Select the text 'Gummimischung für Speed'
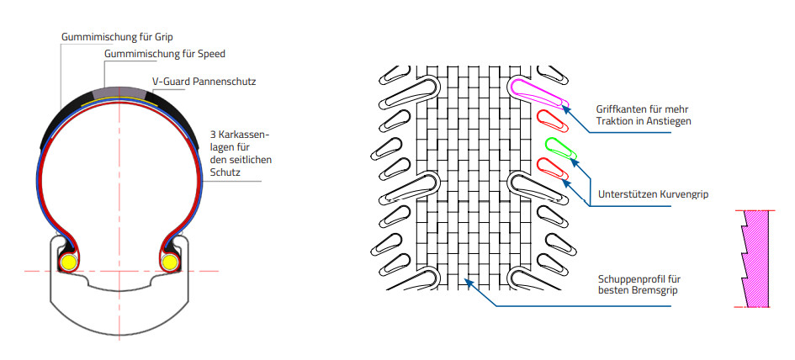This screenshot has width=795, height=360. click(165, 54)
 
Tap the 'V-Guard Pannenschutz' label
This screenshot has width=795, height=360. click(204, 82)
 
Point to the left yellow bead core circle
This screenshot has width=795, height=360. click(67, 262)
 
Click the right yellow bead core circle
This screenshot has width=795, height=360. click(170, 262)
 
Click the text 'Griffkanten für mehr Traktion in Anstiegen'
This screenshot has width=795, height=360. click(644, 115)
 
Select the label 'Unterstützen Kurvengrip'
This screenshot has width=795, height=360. click(653, 194)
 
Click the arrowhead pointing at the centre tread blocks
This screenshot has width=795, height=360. click(469, 282)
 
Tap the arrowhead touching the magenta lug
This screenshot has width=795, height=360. click(567, 109)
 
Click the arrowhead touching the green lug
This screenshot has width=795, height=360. click(574, 161)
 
